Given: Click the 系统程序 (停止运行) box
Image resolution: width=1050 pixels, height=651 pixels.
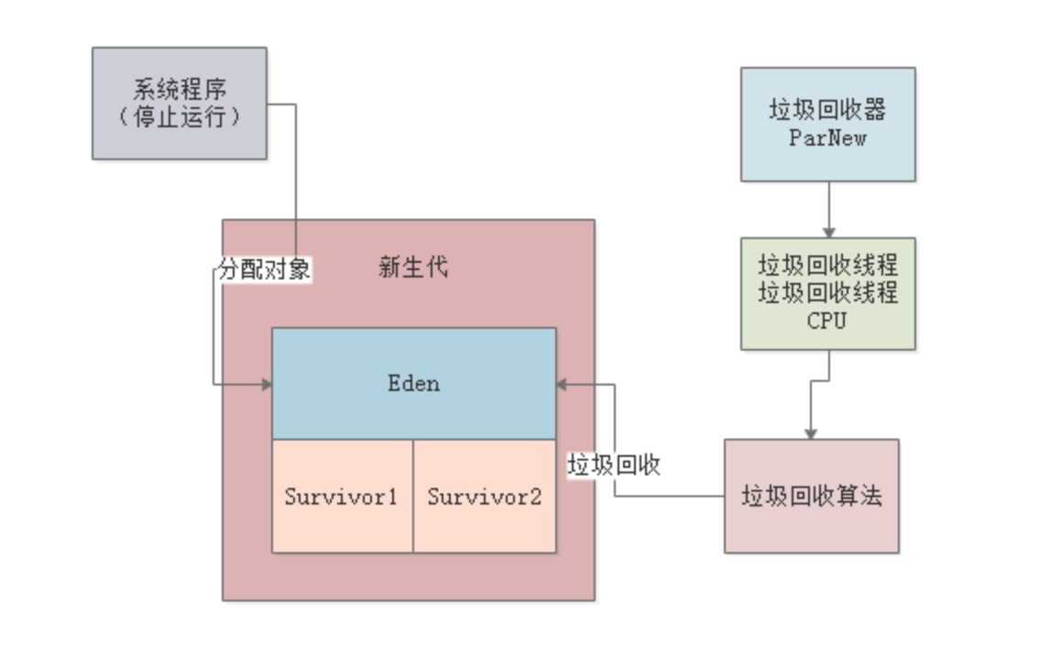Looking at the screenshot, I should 180,103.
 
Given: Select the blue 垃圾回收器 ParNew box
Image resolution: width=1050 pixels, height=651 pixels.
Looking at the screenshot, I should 827,124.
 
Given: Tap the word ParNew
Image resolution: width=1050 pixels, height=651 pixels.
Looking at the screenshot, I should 827,138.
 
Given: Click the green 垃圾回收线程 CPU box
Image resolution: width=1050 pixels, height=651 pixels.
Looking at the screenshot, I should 827,293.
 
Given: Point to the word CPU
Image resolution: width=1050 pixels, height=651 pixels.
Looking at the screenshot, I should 826,321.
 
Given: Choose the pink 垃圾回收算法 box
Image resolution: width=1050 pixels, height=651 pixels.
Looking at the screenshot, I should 811,496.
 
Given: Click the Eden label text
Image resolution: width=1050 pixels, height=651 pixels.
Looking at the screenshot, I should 413,383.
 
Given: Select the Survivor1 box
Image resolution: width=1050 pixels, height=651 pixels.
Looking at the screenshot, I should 342,496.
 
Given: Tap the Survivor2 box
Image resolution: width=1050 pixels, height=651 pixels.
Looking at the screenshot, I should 485,496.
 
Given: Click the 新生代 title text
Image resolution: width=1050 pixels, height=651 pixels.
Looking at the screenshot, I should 413,267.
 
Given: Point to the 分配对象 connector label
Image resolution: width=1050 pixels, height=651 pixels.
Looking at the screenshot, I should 264,270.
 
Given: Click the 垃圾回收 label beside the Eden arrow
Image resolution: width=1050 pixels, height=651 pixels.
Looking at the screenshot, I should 614,465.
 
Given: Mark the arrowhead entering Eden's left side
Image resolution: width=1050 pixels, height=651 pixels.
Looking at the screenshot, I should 267,385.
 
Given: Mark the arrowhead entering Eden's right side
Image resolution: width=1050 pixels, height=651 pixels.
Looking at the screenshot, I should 562,385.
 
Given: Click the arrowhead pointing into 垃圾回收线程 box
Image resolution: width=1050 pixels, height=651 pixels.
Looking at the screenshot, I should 828,233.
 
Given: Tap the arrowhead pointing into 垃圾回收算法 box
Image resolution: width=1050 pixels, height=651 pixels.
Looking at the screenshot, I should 811,433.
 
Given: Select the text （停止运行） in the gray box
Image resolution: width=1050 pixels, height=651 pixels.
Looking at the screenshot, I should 180,117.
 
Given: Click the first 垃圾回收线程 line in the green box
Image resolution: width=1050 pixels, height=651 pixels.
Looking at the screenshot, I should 827,266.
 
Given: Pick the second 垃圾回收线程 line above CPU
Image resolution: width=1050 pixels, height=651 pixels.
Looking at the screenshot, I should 827,293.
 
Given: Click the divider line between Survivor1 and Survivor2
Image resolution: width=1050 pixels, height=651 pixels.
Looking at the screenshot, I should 413,496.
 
